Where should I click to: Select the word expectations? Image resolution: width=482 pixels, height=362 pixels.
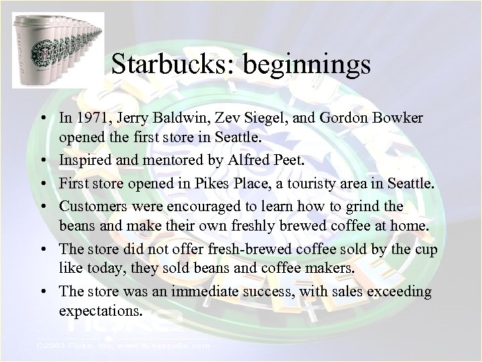(100, 312)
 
